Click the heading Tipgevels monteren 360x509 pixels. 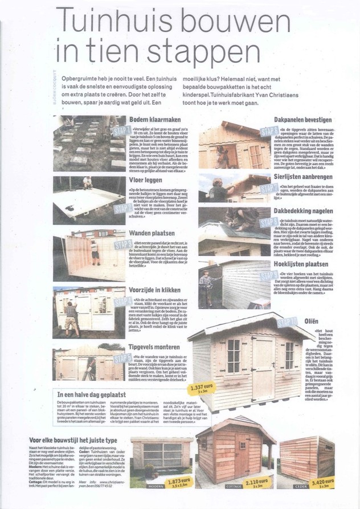pos(157,347)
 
